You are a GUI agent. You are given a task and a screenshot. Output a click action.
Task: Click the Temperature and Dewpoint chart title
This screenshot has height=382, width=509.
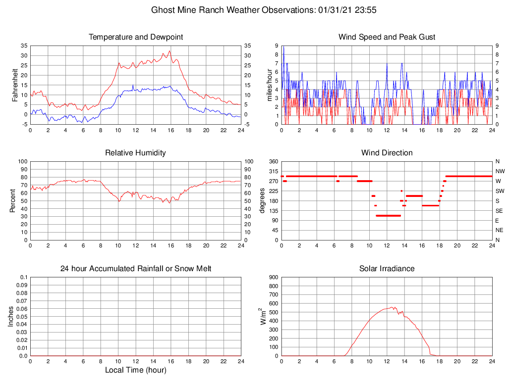[x=135, y=37]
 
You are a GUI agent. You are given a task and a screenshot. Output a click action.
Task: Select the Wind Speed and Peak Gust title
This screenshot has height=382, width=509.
[x=387, y=37]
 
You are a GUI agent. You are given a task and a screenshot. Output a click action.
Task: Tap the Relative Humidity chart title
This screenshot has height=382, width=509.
[x=135, y=153]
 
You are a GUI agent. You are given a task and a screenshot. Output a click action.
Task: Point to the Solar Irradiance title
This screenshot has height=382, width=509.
[x=387, y=269]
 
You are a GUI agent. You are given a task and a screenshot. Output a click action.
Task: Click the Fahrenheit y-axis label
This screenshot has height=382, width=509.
[x=15, y=85]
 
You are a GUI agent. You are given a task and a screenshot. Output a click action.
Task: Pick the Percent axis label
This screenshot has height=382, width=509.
[x=13, y=200]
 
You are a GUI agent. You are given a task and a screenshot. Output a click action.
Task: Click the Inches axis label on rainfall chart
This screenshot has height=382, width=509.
[x=11, y=316]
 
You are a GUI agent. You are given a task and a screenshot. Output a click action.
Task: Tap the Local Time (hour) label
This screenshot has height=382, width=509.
[x=135, y=370]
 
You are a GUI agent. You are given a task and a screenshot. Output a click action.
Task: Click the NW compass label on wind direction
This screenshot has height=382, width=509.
[x=499, y=171]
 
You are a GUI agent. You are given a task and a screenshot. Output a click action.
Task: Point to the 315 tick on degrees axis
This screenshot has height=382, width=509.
[x=273, y=171]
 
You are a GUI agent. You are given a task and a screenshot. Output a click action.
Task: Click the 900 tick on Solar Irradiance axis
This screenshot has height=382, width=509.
[x=273, y=278]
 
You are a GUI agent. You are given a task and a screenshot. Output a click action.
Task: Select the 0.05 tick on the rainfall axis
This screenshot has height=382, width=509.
[x=22, y=317]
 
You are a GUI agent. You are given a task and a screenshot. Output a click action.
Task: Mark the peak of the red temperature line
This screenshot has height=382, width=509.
[x=170, y=51]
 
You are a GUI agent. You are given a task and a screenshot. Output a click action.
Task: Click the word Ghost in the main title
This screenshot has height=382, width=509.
[x=163, y=9]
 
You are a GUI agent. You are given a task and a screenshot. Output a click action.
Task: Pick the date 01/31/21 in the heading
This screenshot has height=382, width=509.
[x=334, y=9]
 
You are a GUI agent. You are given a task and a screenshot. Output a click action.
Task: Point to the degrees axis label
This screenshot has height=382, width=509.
[x=262, y=200]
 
